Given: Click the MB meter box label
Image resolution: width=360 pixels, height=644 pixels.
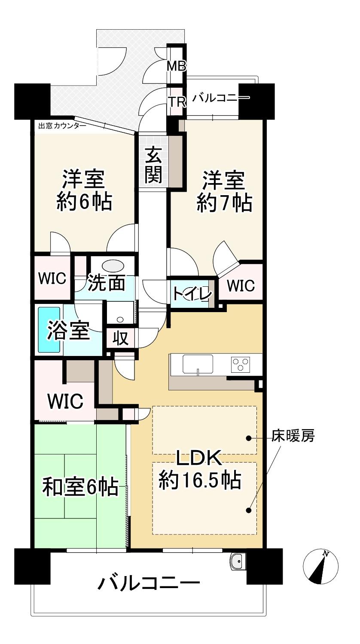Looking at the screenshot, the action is (177, 66).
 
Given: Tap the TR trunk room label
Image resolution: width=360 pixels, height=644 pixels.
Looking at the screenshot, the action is (177, 101).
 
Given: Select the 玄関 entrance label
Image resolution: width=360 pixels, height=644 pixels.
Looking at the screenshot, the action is (153, 166).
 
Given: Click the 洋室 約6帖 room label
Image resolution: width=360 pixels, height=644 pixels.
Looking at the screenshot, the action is (84, 190).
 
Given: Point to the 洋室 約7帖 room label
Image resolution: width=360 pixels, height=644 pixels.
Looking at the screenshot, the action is (224, 191).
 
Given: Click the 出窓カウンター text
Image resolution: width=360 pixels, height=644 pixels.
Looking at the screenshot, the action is (62, 126).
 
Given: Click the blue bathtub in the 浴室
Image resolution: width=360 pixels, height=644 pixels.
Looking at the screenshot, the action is (49, 329).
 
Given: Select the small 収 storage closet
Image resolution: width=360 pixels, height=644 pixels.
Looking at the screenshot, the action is (121, 338).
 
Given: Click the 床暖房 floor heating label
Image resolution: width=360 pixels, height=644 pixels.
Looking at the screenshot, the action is (293, 435).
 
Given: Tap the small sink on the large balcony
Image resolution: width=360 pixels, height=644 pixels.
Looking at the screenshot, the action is (237, 561).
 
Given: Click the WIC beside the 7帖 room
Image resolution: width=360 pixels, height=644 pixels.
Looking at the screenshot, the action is (241, 285).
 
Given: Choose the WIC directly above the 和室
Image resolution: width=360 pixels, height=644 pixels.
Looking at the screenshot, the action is (65, 401).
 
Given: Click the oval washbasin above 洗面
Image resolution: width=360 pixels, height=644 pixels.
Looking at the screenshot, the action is (113, 266).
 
